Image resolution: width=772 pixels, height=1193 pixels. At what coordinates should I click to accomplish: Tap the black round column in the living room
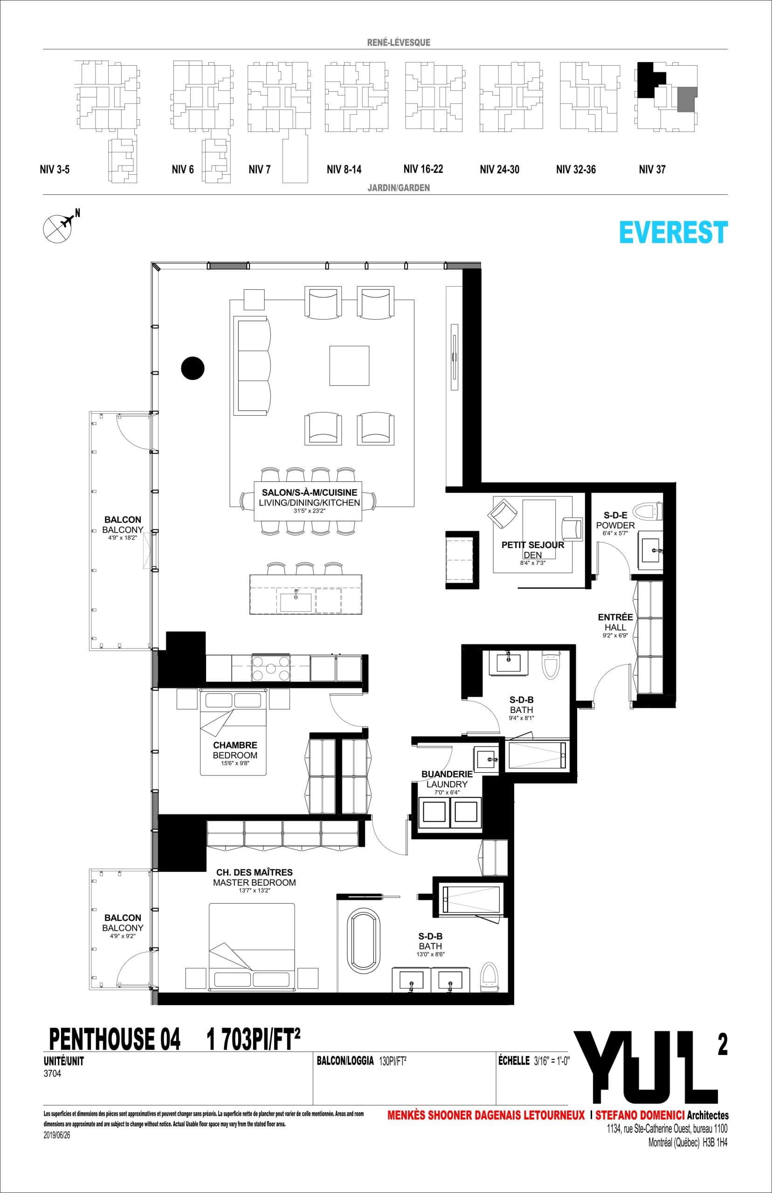[193, 368]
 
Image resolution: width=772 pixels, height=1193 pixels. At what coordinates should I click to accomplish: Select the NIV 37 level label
[652, 169]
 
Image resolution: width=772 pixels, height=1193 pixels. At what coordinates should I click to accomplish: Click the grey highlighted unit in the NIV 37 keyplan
[686, 99]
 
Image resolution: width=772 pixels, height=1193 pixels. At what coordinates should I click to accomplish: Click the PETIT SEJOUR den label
[533, 545]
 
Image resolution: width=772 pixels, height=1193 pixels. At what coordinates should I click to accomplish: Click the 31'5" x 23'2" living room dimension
[309, 512]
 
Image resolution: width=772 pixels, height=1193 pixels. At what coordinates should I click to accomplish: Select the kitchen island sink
[296, 601]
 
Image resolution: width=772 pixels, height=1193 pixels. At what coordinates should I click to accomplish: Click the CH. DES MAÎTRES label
[254, 872]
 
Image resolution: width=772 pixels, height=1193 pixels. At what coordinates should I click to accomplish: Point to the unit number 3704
[53, 1075]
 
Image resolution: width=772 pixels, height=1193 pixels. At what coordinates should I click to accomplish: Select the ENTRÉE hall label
[615, 617]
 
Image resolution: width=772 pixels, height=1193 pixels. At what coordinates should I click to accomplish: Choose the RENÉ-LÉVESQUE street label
[399, 43]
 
